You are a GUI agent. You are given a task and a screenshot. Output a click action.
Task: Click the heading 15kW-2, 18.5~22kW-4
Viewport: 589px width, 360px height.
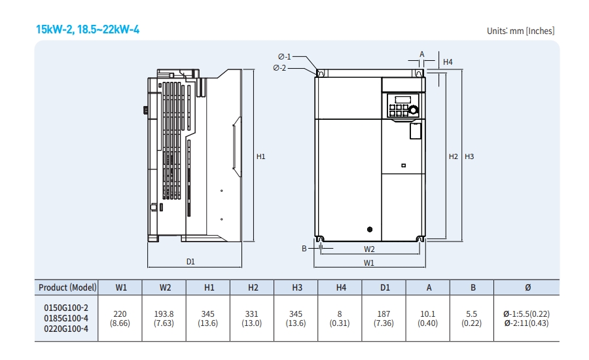(88, 29)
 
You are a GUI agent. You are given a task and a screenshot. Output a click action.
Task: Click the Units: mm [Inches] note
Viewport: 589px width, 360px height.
(520, 31)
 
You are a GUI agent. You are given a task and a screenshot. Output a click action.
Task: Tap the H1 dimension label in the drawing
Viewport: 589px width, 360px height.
(260, 156)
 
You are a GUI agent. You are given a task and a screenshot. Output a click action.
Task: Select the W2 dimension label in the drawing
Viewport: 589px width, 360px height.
(369, 249)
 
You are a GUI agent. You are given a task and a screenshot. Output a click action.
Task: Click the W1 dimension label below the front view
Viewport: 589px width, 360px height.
(369, 262)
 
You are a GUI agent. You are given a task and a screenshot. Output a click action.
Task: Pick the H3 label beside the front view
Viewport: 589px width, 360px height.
(469, 156)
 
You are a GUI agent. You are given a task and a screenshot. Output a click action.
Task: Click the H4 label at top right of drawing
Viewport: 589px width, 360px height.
(448, 62)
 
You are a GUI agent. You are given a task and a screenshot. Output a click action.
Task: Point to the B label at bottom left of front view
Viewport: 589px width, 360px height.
(304, 249)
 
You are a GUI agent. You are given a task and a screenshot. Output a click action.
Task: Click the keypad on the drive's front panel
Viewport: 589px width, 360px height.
(399, 105)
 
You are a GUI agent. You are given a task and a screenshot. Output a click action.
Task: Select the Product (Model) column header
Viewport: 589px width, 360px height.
(67, 287)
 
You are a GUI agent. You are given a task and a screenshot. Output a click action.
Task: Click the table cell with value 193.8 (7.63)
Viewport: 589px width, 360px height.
(165, 318)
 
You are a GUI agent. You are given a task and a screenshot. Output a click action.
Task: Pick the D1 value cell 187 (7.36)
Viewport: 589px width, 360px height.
(384, 318)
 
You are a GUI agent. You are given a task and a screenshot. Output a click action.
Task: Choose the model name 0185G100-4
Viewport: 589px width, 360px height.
(66, 318)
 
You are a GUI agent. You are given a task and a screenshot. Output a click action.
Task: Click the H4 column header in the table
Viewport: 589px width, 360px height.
(340, 287)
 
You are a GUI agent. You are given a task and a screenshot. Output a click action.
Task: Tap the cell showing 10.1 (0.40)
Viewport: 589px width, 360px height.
(428, 318)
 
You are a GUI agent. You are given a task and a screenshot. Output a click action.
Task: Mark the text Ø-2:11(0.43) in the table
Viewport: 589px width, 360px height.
(526, 323)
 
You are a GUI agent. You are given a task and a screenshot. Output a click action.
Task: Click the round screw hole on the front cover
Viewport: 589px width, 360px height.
(370, 229)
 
